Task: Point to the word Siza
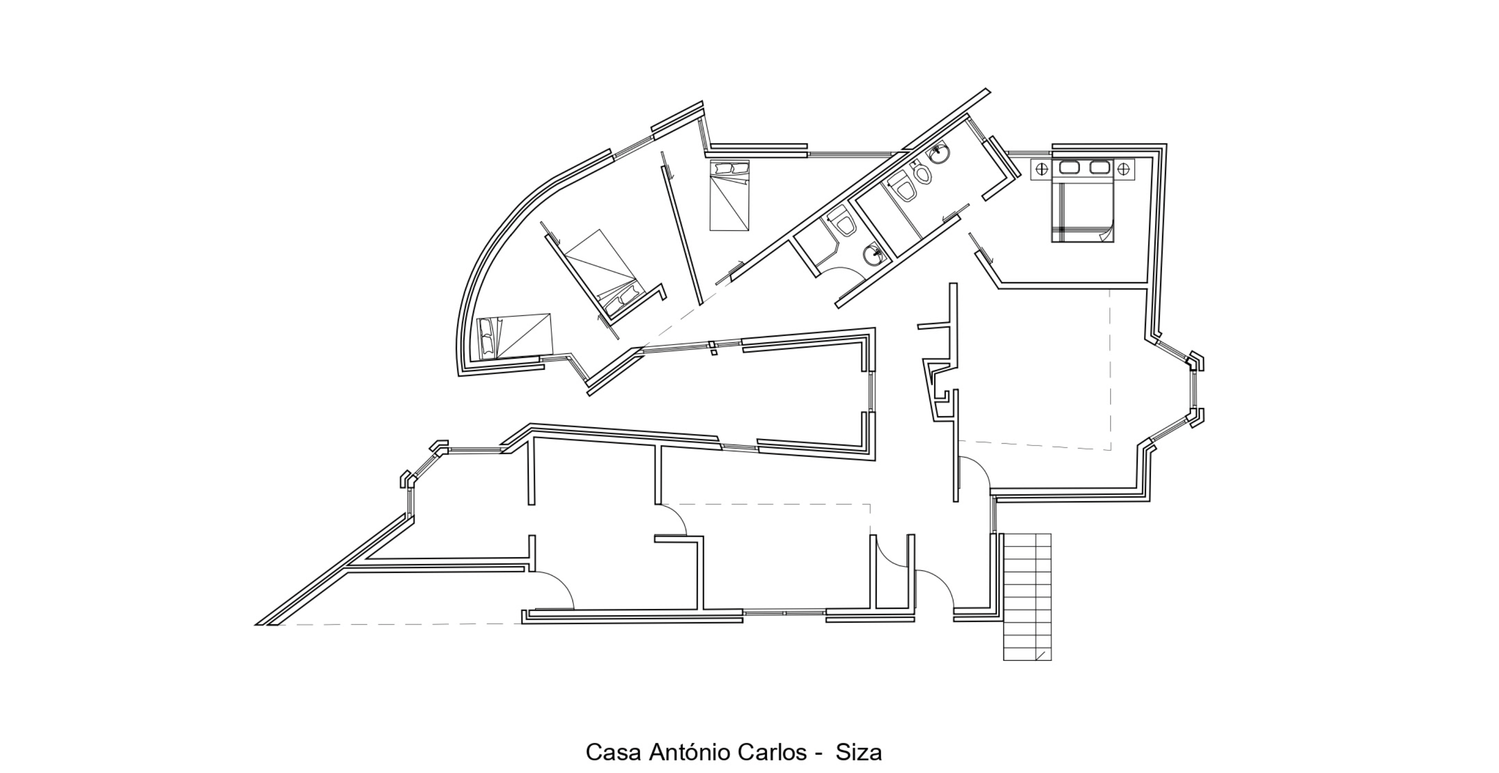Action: (859, 752)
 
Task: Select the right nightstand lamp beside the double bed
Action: (1124, 169)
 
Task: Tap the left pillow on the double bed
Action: (1070, 168)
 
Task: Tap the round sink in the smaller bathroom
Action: (872, 254)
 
